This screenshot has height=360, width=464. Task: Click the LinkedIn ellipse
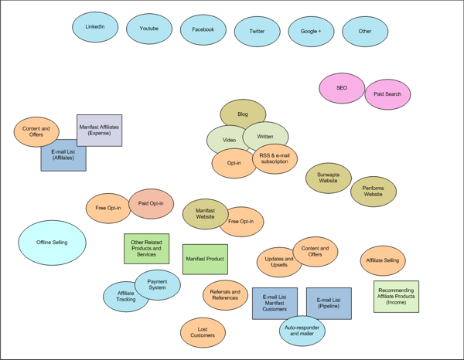[x=95, y=28]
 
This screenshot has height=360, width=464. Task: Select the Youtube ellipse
[x=149, y=29]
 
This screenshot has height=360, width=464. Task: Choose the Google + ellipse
[x=311, y=32]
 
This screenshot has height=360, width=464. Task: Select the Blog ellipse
[x=243, y=114]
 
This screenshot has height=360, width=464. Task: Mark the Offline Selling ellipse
[x=52, y=243]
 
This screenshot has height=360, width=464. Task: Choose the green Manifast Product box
[x=205, y=259]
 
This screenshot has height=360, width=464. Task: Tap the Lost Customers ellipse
[x=203, y=332]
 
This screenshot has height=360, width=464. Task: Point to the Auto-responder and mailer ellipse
[x=302, y=331]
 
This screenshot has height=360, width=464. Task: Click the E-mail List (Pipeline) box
[x=329, y=302]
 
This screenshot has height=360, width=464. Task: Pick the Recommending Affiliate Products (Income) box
[x=396, y=296]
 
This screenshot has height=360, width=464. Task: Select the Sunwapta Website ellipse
[x=328, y=177]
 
